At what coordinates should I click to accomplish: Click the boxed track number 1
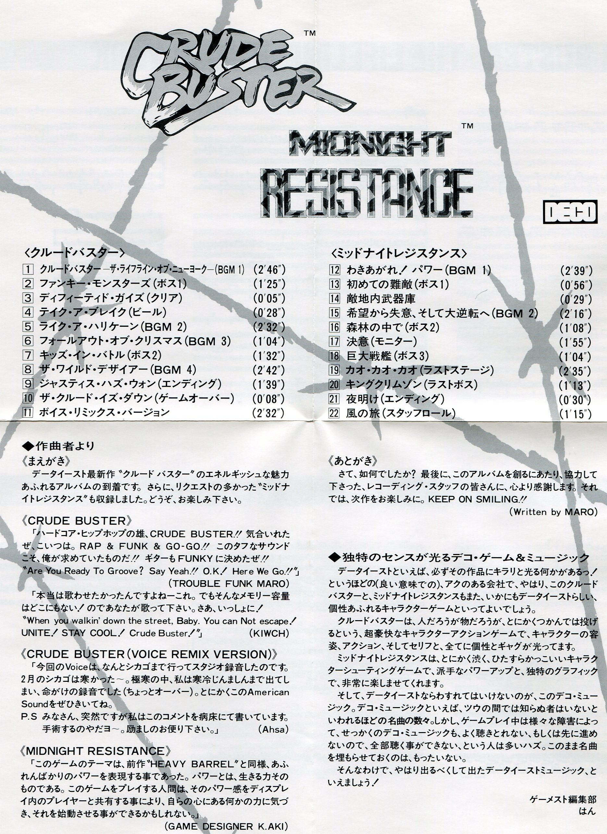pyautogui.click(x=28, y=270)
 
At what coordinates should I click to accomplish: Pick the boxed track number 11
pyautogui.click(x=28, y=412)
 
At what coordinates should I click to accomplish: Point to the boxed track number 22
pyautogui.click(x=334, y=413)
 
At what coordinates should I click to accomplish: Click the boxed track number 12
pyautogui.click(x=334, y=270)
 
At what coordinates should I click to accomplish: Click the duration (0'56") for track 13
pyautogui.click(x=576, y=285)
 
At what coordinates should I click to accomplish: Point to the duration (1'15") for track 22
pyautogui.click(x=576, y=414)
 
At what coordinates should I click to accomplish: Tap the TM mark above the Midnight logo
pyautogui.click(x=467, y=126)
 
